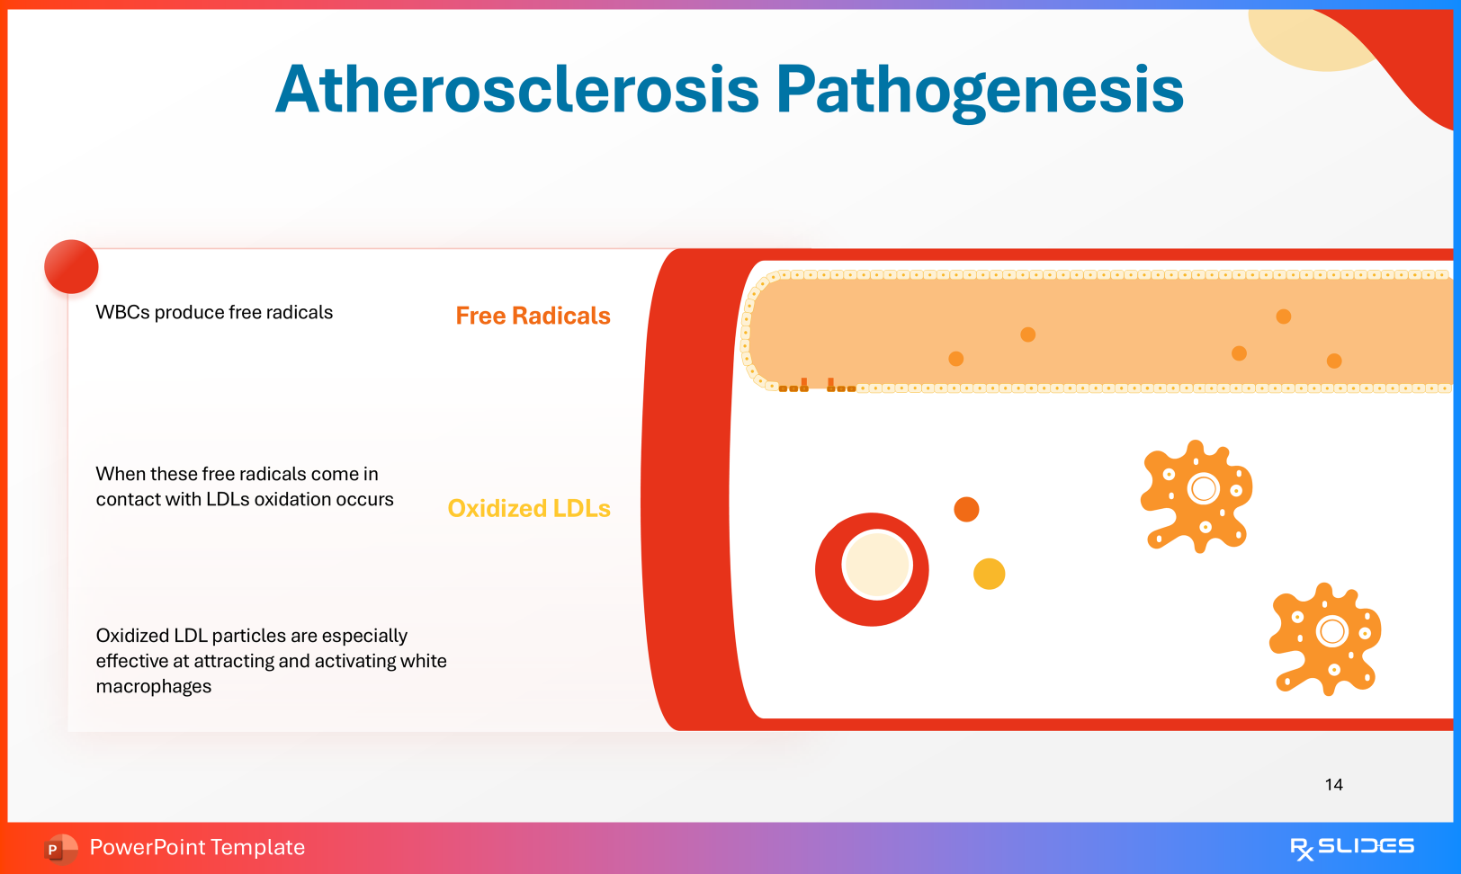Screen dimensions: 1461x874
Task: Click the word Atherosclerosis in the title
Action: click(x=517, y=89)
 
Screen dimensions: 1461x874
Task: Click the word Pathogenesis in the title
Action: click(x=980, y=91)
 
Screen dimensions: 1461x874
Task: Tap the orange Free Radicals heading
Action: click(x=533, y=316)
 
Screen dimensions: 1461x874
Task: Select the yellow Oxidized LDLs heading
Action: click(x=529, y=508)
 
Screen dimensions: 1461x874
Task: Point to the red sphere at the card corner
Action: click(x=71, y=266)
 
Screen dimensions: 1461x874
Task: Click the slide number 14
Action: click(x=1334, y=785)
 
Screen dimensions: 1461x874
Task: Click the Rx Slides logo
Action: click(x=1352, y=847)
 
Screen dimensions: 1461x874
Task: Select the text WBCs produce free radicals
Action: click(x=214, y=312)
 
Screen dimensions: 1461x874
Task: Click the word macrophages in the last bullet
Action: click(x=153, y=686)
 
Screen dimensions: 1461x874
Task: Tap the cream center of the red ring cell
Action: click(x=876, y=565)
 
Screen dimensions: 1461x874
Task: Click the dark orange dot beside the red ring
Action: click(x=966, y=509)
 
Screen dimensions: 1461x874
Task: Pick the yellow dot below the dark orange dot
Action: click(x=989, y=574)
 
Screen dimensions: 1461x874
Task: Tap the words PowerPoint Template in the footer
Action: click(x=197, y=847)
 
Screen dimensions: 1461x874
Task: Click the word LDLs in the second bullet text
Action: click(x=228, y=499)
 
